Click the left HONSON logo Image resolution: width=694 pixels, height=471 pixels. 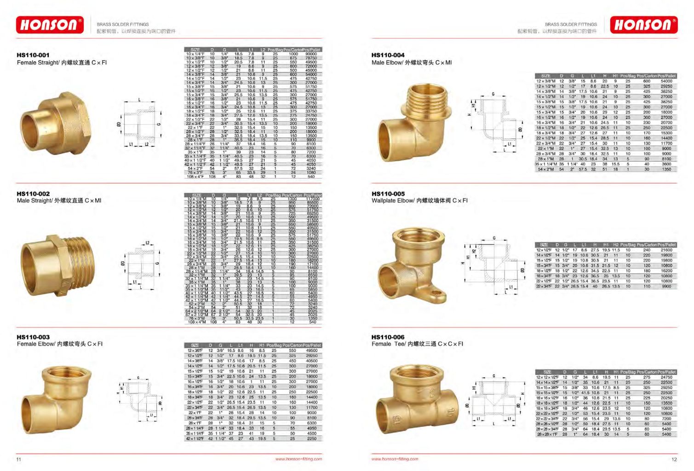point(50,25)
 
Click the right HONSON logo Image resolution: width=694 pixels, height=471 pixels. point(643,25)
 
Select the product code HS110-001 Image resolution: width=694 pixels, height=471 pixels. point(33,55)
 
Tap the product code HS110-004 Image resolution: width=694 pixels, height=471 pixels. point(388,55)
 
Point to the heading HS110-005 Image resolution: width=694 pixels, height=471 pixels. point(388,194)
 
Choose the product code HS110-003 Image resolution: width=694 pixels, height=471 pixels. point(33,337)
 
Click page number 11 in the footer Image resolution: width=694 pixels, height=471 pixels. point(19,459)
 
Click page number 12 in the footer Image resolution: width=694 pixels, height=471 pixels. point(674,459)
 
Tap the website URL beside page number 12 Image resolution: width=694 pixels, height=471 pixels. point(395,459)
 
